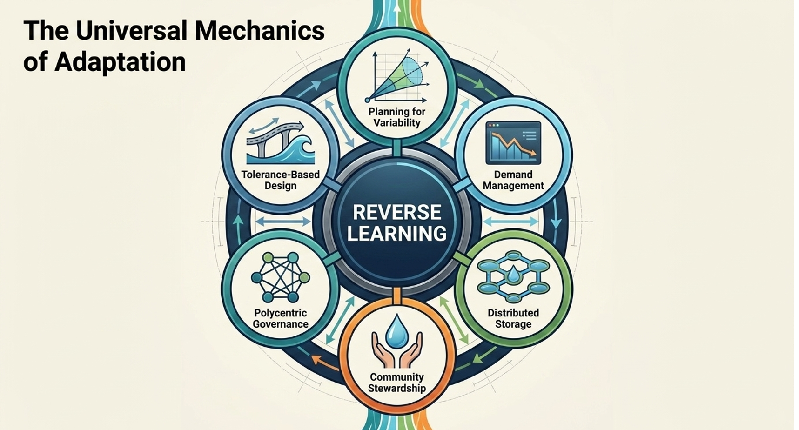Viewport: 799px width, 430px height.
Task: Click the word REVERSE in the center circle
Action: tap(397, 212)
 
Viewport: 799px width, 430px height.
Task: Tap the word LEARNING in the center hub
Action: tap(397, 233)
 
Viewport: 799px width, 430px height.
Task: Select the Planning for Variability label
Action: tap(397, 117)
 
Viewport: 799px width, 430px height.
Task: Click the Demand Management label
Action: tap(513, 180)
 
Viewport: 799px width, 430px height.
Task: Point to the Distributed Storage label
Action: tap(513, 318)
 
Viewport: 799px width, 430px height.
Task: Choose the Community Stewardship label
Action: tap(397, 383)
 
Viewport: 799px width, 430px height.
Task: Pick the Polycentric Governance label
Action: tap(281, 318)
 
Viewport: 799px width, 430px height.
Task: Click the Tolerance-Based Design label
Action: tap(281, 180)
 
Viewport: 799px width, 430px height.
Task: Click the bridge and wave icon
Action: tap(281, 142)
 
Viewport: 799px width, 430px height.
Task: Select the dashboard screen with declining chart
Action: tap(513, 143)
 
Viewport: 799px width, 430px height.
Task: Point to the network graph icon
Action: tap(281, 277)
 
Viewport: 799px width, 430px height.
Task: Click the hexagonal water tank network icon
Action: tap(513, 276)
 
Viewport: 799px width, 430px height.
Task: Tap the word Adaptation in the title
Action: tap(120, 62)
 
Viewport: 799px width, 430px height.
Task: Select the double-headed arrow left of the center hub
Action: tap(283, 222)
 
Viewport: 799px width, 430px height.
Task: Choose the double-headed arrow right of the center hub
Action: tap(511, 222)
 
